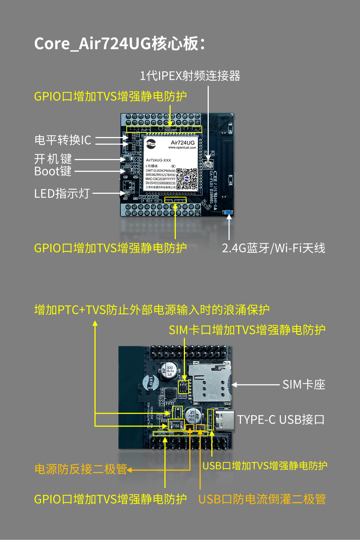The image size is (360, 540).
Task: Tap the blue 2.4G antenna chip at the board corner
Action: [228, 212]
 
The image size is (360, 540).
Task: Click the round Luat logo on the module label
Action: [151, 144]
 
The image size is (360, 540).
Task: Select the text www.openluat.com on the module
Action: [182, 148]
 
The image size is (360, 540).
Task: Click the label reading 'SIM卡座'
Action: [304, 384]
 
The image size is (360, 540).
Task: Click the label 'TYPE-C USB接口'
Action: [281, 419]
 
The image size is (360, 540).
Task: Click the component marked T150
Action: [176, 425]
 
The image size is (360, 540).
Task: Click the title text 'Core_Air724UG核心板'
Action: [119, 44]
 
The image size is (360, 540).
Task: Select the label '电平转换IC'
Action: [63, 140]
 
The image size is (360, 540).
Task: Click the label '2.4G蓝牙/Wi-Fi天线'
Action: [273, 248]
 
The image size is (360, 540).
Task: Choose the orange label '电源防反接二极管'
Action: [81, 469]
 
